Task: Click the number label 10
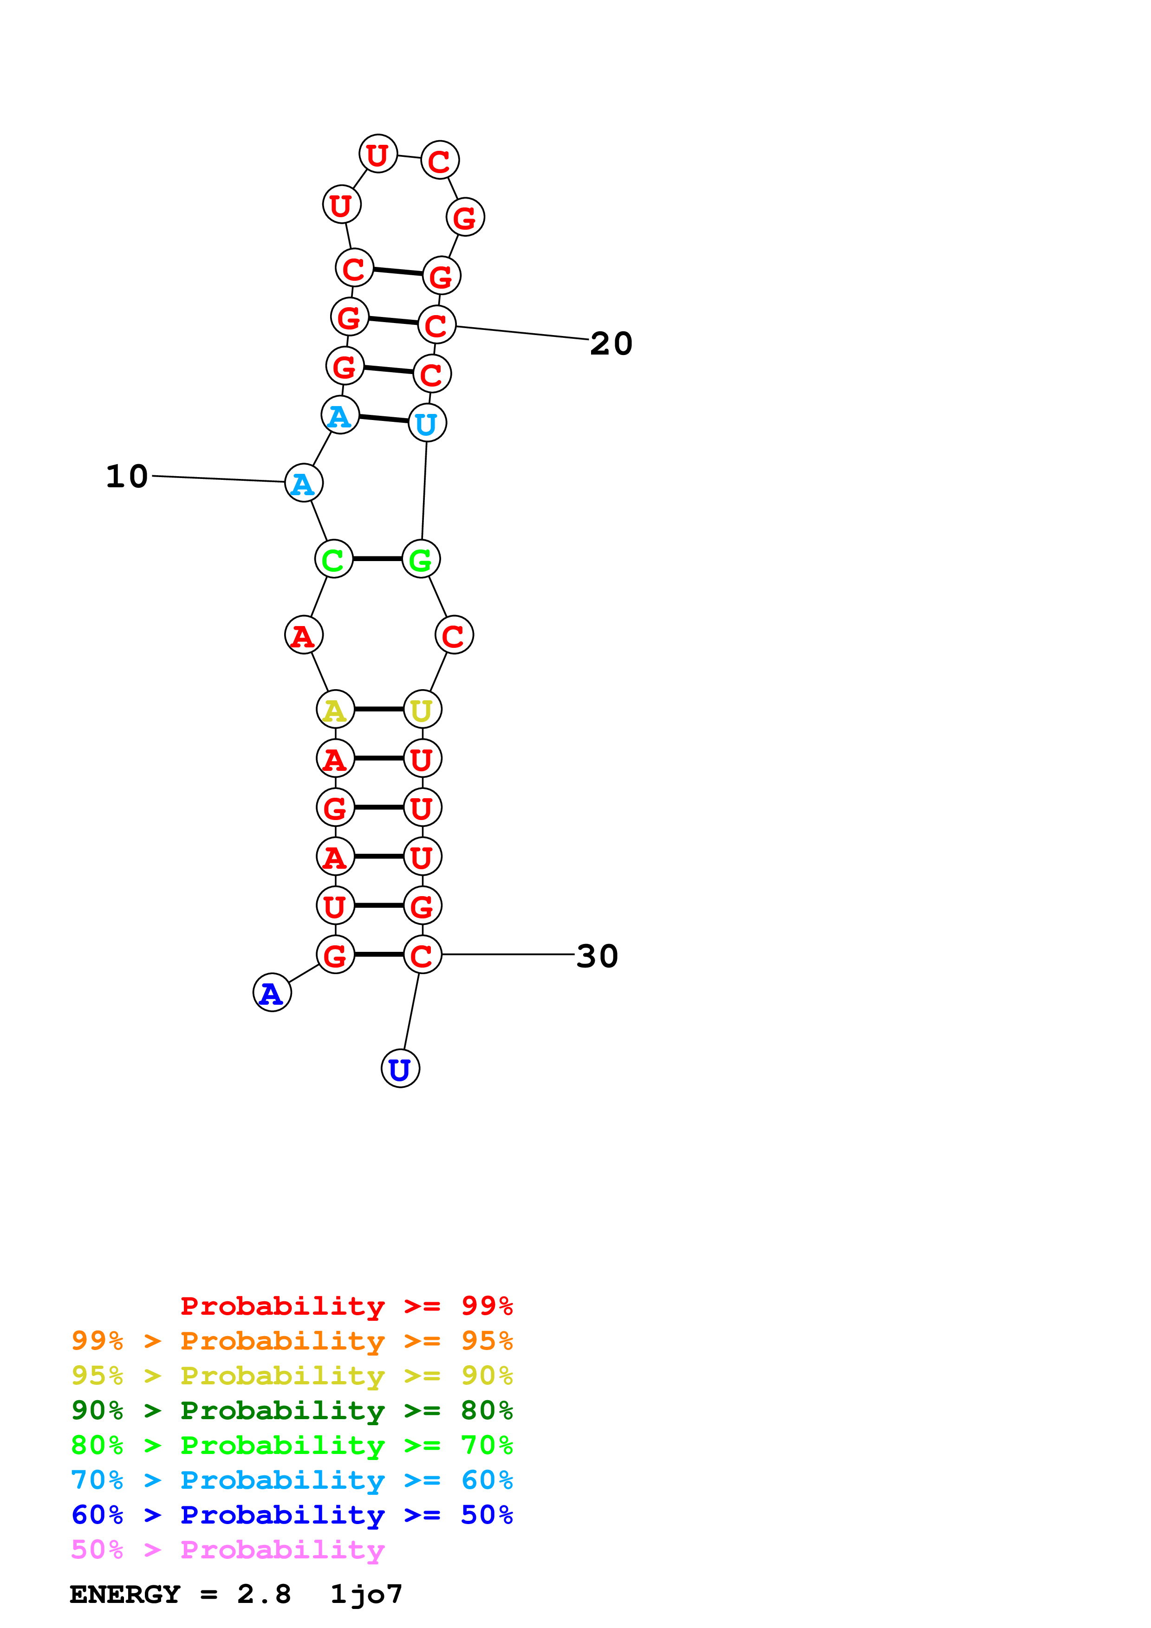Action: point(127,477)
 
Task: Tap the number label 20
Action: point(611,344)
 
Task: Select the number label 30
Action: point(597,956)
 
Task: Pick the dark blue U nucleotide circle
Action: point(401,1069)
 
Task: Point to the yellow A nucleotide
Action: point(335,709)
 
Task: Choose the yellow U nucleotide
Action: point(422,709)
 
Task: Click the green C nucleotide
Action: point(333,559)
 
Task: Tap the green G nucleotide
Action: point(421,559)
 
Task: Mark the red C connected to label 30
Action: point(422,955)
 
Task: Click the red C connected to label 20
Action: point(436,325)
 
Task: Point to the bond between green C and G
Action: point(377,559)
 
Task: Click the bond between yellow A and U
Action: point(379,709)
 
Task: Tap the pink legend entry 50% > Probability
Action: point(228,1550)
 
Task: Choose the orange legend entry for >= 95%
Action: point(292,1341)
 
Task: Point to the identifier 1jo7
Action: point(366,1595)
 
